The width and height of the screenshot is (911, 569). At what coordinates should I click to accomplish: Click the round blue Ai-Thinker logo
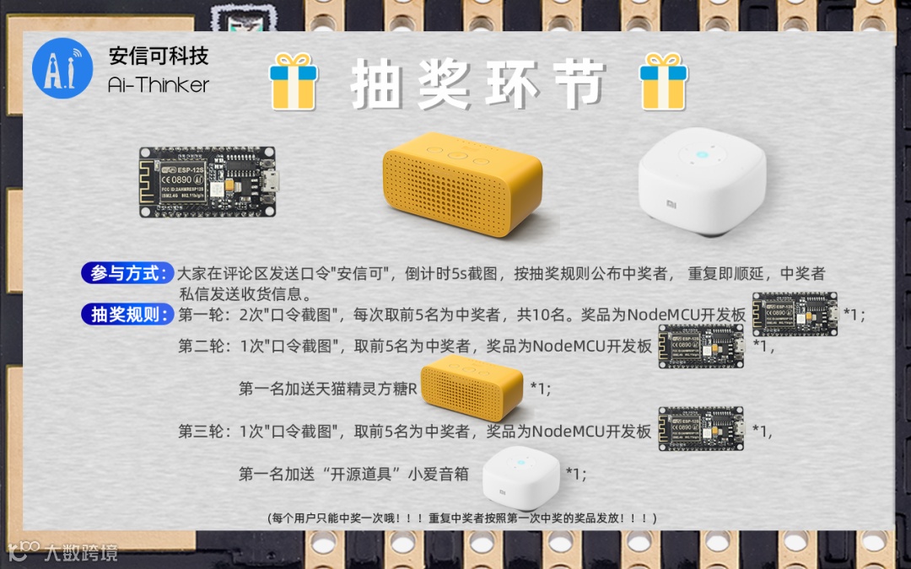62,68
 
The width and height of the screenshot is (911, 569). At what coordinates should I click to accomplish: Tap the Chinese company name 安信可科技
159,56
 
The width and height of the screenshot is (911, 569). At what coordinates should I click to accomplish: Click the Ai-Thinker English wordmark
158,85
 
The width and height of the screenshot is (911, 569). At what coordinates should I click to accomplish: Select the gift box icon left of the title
294,81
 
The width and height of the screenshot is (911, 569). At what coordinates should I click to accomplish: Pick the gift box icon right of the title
664,81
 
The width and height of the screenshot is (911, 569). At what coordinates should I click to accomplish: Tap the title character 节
579,84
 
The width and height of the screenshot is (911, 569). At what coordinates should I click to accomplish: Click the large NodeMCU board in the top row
208,182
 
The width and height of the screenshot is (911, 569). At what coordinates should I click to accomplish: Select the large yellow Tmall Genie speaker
462,184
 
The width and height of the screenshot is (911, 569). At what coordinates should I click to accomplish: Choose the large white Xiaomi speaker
702,181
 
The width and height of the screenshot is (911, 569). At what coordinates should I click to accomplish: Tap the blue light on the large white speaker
702,155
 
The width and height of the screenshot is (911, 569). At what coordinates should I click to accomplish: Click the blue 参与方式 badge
128,273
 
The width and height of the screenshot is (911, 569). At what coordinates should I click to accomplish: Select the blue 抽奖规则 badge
128,314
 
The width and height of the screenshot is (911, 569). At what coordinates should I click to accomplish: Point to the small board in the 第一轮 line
795,314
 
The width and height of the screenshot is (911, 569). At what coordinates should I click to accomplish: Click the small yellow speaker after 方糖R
472,387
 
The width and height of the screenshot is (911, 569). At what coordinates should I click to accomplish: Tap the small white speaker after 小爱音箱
521,478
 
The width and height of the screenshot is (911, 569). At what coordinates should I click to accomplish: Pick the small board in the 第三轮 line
701,428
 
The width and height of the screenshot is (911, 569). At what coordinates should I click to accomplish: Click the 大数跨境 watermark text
80,552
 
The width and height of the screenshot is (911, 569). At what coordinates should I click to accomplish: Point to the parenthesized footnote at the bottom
462,518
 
